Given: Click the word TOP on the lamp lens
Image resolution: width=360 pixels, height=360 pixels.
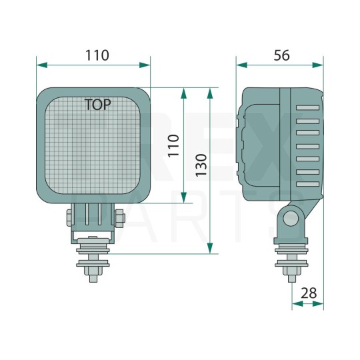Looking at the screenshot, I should pos(98,104).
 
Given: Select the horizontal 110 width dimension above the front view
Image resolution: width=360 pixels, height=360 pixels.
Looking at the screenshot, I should pos(97,55).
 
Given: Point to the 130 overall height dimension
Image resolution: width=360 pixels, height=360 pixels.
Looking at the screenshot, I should pos(201,170).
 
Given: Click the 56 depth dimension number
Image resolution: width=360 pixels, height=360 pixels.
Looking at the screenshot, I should pos(281,55).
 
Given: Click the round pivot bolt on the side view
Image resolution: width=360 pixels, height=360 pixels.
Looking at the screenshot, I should pos(289,217).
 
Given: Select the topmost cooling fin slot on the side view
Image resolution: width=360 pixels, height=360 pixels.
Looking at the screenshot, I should pos(309,107).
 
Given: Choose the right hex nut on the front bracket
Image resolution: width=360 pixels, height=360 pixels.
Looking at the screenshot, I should pos(119,217).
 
